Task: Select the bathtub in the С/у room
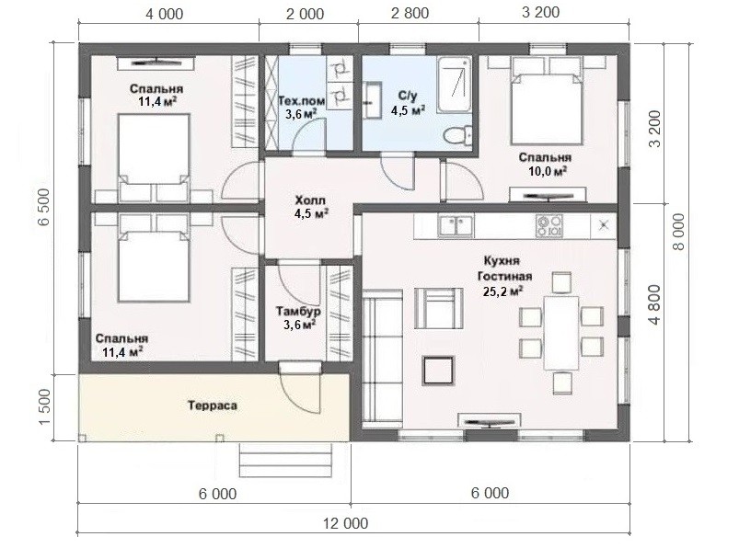click(x=454, y=86)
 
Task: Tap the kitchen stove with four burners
click(x=549, y=225)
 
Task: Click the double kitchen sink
click(x=456, y=225)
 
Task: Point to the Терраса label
click(x=213, y=405)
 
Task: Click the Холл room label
click(x=309, y=200)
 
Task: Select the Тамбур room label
click(x=299, y=311)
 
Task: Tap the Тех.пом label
click(x=302, y=101)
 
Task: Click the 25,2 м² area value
click(x=503, y=291)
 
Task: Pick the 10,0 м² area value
click(x=548, y=171)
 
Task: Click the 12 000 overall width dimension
click(x=345, y=523)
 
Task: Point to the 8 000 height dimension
click(x=678, y=232)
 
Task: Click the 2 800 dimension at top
click(x=410, y=13)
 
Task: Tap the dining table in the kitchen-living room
click(x=560, y=333)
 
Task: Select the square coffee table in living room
click(x=438, y=370)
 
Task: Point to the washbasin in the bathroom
click(x=373, y=100)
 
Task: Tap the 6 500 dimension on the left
click(x=43, y=207)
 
